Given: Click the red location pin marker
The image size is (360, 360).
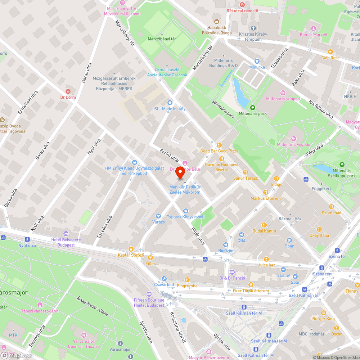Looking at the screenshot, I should coord(180,173).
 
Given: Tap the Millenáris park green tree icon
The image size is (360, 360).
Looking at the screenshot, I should coord(253,107).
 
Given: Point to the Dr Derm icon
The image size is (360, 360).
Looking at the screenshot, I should coord(68,91).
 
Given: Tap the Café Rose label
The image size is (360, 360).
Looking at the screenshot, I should coord(330,58).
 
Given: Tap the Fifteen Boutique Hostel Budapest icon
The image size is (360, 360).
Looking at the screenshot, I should coord(149,294).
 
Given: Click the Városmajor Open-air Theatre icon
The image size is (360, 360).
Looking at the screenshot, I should coord(84,335).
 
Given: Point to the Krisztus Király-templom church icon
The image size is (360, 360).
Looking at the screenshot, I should coord(253,28).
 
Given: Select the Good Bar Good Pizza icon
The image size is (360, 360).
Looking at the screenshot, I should coord(219,145).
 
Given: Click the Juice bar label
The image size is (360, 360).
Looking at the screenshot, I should coord(266,265).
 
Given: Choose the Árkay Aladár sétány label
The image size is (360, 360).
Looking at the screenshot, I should coord(92,306).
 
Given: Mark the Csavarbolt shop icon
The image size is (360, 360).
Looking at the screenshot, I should coord(164,278).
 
